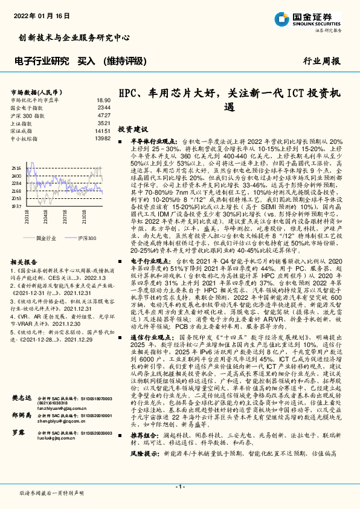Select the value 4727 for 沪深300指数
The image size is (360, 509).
(103, 115)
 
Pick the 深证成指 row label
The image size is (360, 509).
(22, 131)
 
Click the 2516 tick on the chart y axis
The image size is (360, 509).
(16, 169)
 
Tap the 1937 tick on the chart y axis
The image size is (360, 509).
(16, 206)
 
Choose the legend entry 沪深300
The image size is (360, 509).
(86, 239)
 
